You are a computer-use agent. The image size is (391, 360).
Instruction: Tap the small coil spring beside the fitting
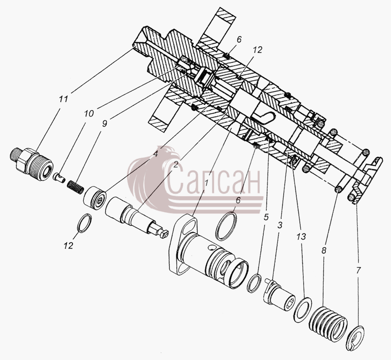(x=75, y=187)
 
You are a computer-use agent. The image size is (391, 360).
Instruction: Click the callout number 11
(x=63, y=99)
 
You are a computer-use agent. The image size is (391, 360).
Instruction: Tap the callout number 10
(x=89, y=113)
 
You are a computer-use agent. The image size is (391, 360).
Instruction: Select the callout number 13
(x=301, y=236)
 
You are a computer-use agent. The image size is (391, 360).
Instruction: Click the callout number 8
(x=324, y=250)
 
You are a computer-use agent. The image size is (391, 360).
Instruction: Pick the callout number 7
(x=358, y=270)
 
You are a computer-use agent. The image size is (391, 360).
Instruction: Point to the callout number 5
(x=266, y=217)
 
